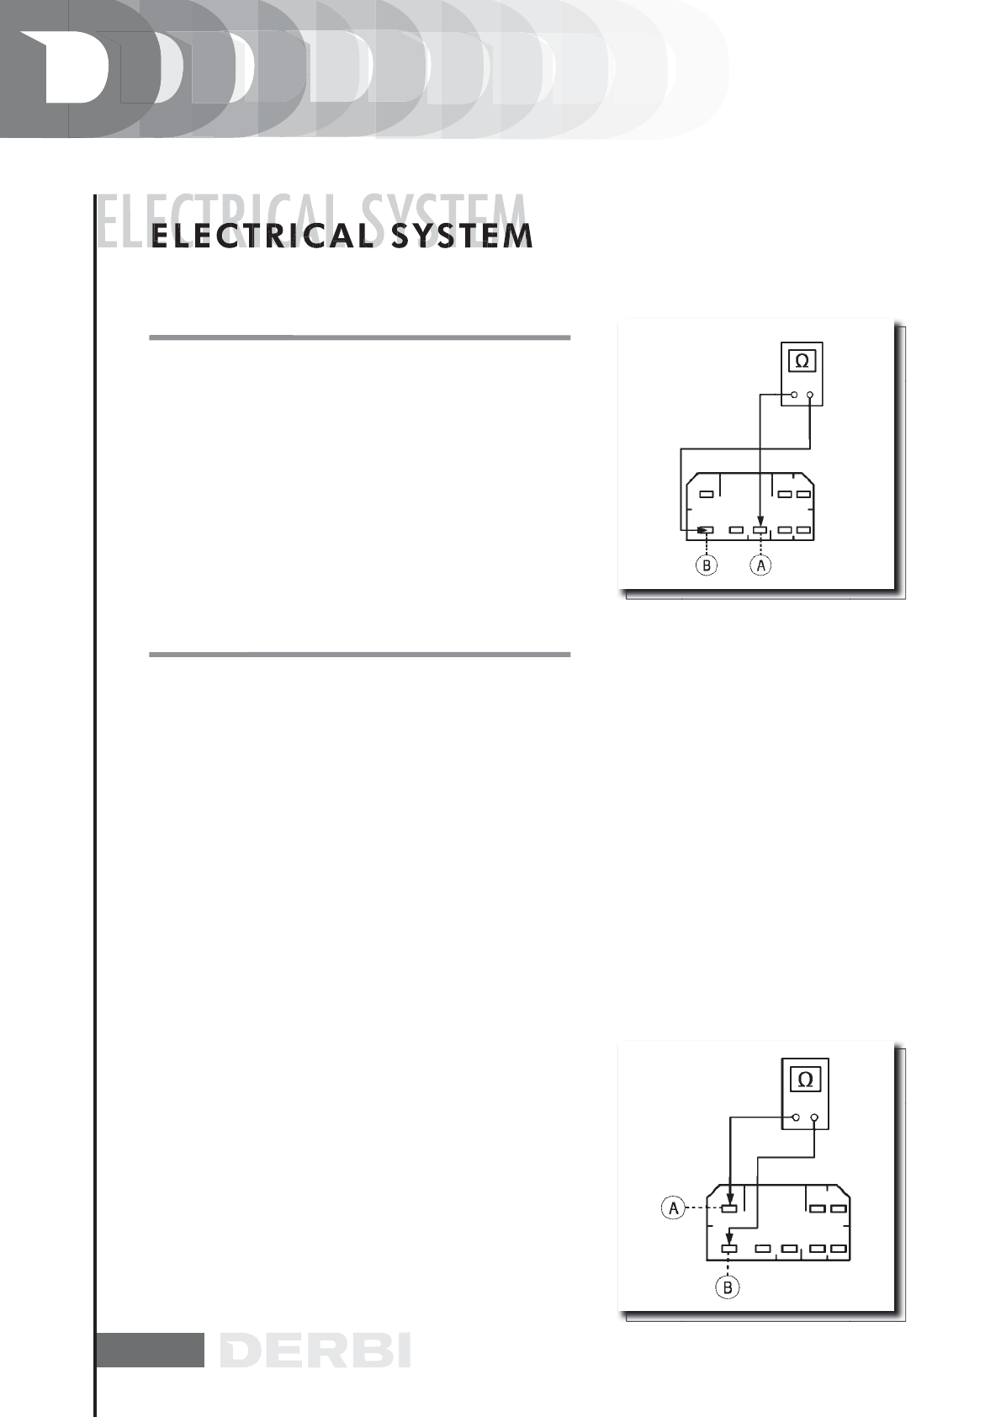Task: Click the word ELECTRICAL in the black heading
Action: pyautogui.click(x=262, y=236)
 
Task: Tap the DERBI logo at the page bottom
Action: pyautogui.click(x=315, y=1351)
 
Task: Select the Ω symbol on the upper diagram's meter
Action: pyautogui.click(x=802, y=361)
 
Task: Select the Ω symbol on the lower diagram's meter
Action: pyautogui.click(x=805, y=1080)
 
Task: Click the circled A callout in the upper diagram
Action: pyautogui.click(x=760, y=565)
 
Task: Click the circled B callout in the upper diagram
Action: pyautogui.click(x=707, y=565)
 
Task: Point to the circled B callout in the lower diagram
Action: pyautogui.click(x=728, y=1287)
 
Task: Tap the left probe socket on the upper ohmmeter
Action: pyautogui.click(x=794, y=394)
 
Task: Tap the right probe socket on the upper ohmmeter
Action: pyautogui.click(x=809, y=394)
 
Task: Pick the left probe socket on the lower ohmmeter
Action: pyautogui.click(x=796, y=1117)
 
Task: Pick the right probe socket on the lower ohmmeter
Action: pyautogui.click(x=814, y=1117)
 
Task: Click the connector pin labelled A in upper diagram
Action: pyautogui.click(x=760, y=530)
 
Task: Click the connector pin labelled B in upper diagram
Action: pyautogui.click(x=707, y=530)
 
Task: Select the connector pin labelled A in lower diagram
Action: pyautogui.click(x=729, y=1209)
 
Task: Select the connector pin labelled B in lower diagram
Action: pyautogui.click(x=729, y=1249)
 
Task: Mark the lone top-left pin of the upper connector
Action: pyautogui.click(x=707, y=494)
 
